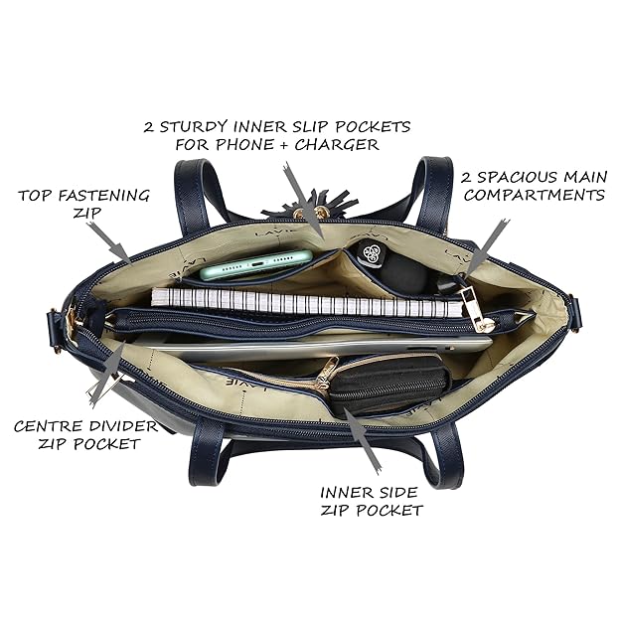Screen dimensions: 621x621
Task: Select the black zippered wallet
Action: (x=389, y=384)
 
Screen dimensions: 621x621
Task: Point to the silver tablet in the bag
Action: (x=317, y=347)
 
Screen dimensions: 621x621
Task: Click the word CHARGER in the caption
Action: (x=337, y=144)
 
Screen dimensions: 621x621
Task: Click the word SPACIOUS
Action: (x=517, y=177)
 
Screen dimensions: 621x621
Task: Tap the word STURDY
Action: (x=194, y=127)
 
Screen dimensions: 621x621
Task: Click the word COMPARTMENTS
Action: (x=535, y=195)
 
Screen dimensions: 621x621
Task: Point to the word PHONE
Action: (x=245, y=144)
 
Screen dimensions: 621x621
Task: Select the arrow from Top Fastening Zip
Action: (x=109, y=242)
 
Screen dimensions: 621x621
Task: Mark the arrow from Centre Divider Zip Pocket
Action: (x=107, y=374)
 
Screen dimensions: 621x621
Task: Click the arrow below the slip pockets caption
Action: (x=304, y=201)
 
